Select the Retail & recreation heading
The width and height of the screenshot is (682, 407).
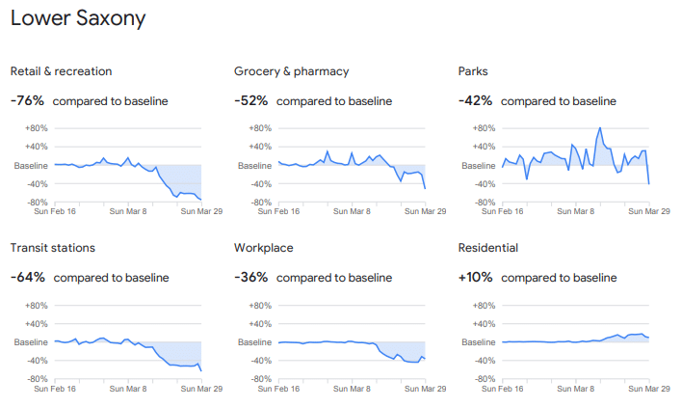coord(61,71)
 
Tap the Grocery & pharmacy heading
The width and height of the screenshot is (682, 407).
coord(291,71)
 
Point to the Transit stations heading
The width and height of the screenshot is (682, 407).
coord(52,248)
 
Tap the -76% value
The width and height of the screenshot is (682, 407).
coord(27,100)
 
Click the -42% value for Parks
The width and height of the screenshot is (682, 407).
coord(475,100)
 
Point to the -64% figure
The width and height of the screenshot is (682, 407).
coord(27,278)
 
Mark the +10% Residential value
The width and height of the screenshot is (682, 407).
coord(475,278)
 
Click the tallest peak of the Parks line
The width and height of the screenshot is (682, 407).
coord(599,128)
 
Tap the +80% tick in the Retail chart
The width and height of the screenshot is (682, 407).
coord(37,128)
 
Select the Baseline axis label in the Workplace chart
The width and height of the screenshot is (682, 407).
coord(255,342)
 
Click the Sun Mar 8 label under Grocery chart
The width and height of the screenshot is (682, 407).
coord(353,211)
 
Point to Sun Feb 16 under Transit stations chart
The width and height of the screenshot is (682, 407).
coord(55,389)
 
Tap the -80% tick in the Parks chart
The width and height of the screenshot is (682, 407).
coord(484,203)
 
